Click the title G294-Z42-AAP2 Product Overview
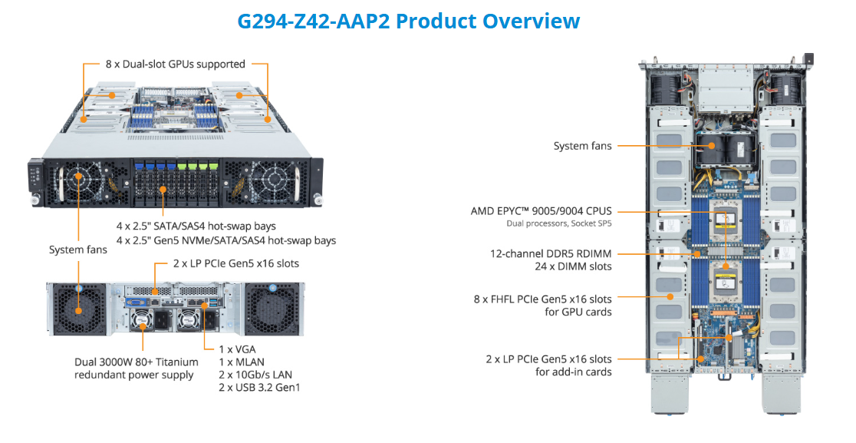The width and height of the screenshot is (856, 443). coord(408,21)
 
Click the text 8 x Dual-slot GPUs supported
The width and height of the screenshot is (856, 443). coord(176,64)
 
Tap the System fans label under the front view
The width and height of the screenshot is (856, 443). coord(77,250)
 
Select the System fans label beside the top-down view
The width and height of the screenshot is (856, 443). coord(583,145)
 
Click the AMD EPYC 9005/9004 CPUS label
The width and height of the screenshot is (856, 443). coord(542,210)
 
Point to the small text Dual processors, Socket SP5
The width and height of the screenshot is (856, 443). coord(559,223)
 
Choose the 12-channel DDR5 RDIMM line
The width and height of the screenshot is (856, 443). coord(551,253)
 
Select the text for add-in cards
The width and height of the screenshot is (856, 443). coord(573,372)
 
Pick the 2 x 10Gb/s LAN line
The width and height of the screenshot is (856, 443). coord(255,374)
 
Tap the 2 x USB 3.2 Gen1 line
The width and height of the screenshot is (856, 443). coord(259,387)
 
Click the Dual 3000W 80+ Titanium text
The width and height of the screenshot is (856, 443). coord(137,362)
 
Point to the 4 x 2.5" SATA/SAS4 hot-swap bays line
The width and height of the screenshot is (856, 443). coord(196,226)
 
